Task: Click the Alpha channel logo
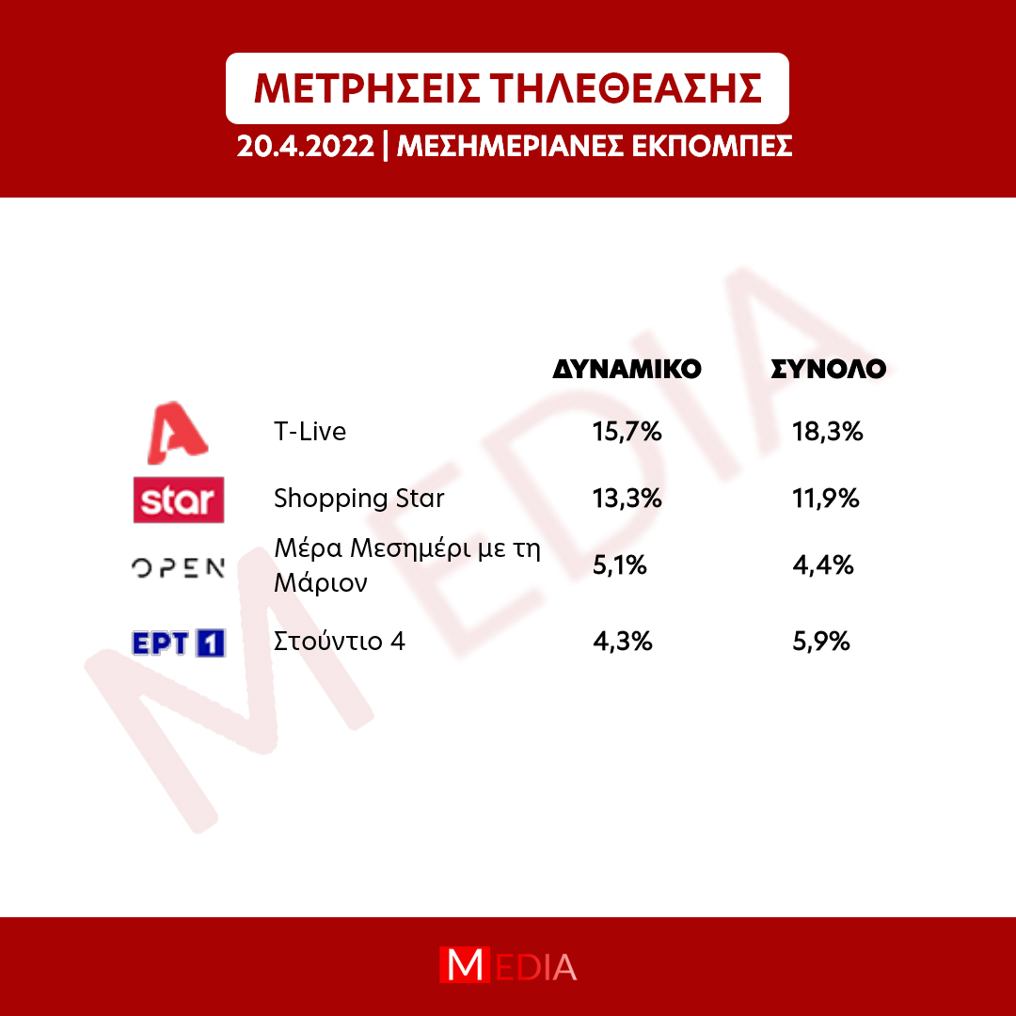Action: click(x=178, y=433)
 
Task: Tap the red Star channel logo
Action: click(x=179, y=500)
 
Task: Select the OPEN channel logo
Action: click(x=178, y=568)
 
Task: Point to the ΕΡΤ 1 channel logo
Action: click(x=179, y=643)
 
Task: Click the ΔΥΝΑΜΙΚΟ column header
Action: click(x=627, y=369)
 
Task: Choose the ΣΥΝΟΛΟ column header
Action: click(x=828, y=369)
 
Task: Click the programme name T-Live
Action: click(x=310, y=432)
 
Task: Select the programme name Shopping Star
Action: click(x=359, y=499)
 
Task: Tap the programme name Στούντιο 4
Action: click(x=340, y=642)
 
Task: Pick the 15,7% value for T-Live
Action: click(x=627, y=432)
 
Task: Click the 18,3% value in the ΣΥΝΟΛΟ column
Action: click(x=828, y=432)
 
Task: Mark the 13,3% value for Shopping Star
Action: click(x=627, y=499)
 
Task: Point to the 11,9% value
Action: click(x=826, y=499)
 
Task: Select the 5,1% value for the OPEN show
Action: click(x=619, y=565)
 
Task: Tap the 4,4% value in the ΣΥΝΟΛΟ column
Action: click(x=823, y=565)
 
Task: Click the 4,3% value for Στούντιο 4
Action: click(x=622, y=642)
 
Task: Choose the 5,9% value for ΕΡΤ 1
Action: click(x=821, y=642)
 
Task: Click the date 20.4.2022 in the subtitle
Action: click(x=305, y=147)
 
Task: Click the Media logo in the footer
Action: click(x=508, y=965)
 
